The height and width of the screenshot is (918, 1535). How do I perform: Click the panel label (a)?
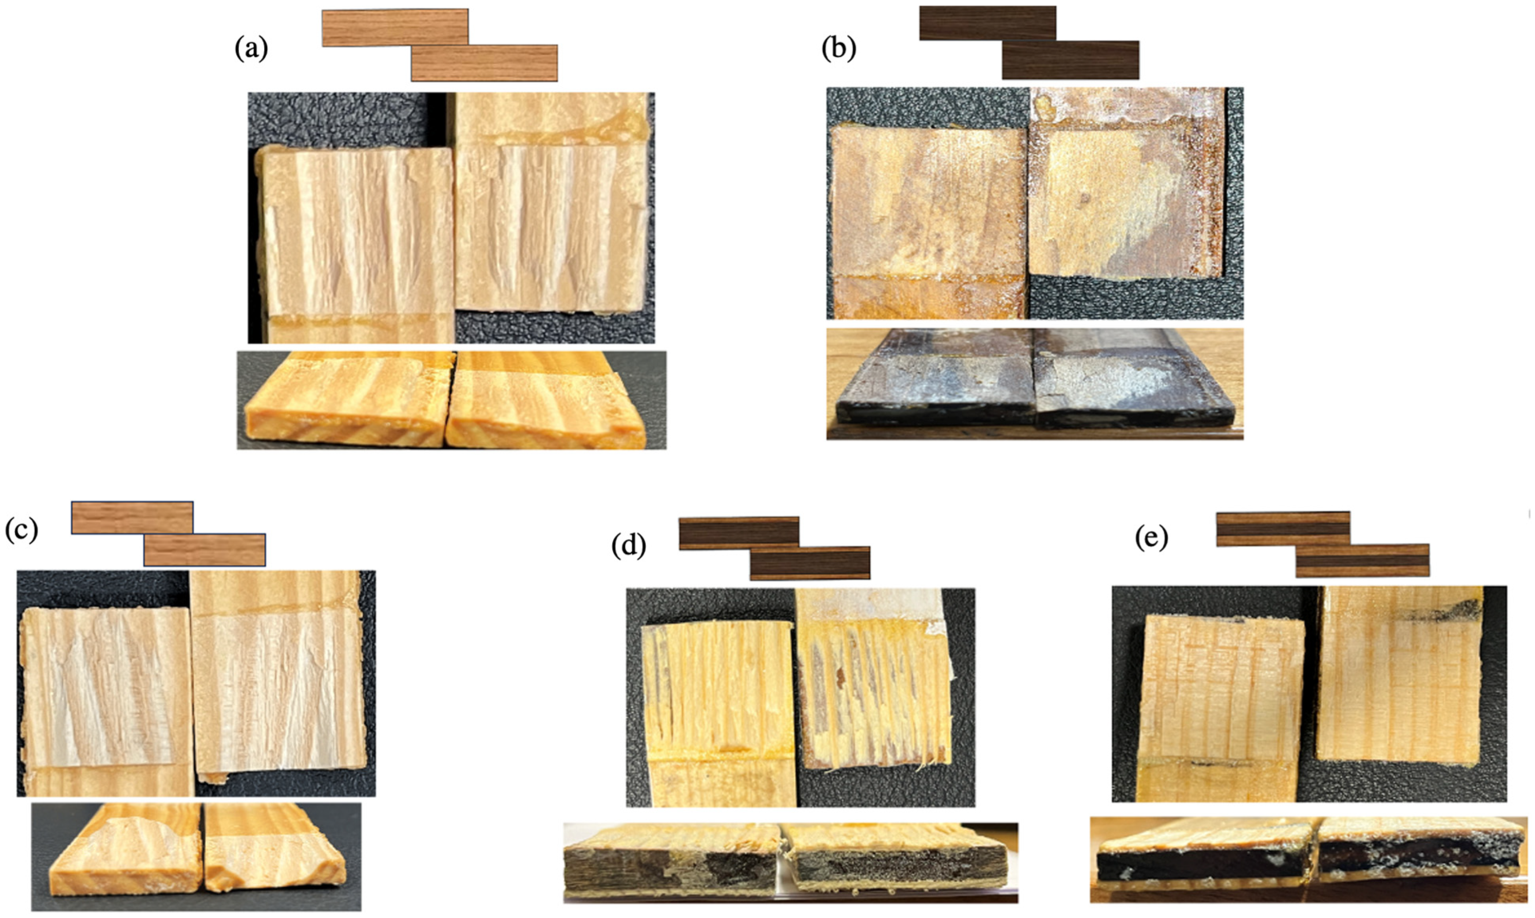tap(251, 49)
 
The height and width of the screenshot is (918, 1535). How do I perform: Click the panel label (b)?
tap(838, 49)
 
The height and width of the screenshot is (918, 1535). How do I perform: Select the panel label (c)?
tap(22, 530)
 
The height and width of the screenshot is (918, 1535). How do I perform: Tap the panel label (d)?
tap(628, 546)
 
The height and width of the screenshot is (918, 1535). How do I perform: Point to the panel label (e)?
tap(1151, 538)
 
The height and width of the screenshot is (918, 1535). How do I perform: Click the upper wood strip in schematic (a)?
tap(395, 27)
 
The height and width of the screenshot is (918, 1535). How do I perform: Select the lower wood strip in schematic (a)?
tap(484, 63)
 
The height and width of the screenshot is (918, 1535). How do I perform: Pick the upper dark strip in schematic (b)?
tap(988, 23)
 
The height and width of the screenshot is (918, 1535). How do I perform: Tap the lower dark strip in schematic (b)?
tap(1071, 60)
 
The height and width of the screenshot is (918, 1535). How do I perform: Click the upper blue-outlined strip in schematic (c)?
tap(132, 518)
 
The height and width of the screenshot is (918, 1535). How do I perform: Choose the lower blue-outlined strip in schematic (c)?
tap(205, 550)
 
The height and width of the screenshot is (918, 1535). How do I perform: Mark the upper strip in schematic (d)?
tap(739, 533)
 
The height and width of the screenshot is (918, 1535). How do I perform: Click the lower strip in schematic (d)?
tap(810, 563)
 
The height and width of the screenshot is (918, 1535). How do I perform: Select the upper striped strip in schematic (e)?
tap(1283, 529)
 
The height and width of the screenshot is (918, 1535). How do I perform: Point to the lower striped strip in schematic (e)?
tap(1362, 560)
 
